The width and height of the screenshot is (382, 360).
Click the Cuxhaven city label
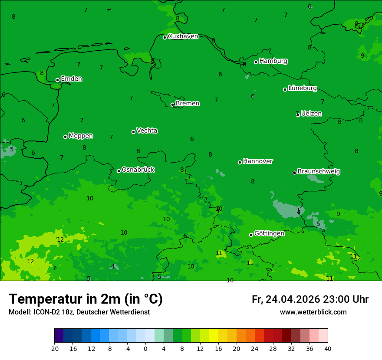[x=183, y=36]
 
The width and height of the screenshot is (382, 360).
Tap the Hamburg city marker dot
[x=256, y=62]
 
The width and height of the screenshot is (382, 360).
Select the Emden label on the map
[x=71, y=79]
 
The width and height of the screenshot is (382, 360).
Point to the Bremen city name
[x=188, y=104]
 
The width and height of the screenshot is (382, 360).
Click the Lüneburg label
[x=303, y=88]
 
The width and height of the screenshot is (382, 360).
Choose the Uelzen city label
[x=311, y=114]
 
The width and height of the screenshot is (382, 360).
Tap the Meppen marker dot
[x=66, y=137]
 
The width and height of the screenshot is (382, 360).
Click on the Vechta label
[x=147, y=131]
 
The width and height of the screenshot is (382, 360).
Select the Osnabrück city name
[x=138, y=170]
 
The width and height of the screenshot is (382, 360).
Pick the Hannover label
[x=258, y=161]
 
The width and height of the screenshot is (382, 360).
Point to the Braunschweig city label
[x=319, y=172]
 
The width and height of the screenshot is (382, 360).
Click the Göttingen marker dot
[x=251, y=235]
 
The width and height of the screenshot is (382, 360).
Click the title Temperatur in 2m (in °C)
[x=86, y=299]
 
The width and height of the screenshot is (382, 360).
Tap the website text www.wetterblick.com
[x=313, y=312]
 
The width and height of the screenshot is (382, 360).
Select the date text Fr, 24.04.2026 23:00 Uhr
[x=310, y=299]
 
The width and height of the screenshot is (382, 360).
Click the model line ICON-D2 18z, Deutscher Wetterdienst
[x=79, y=312]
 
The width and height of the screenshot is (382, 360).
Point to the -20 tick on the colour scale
[x=54, y=348]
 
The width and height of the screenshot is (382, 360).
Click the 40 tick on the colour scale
[x=328, y=348]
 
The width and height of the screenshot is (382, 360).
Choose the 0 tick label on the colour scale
[x=145, y=348]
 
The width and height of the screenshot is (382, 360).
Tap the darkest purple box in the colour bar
[x=59, y=336]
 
